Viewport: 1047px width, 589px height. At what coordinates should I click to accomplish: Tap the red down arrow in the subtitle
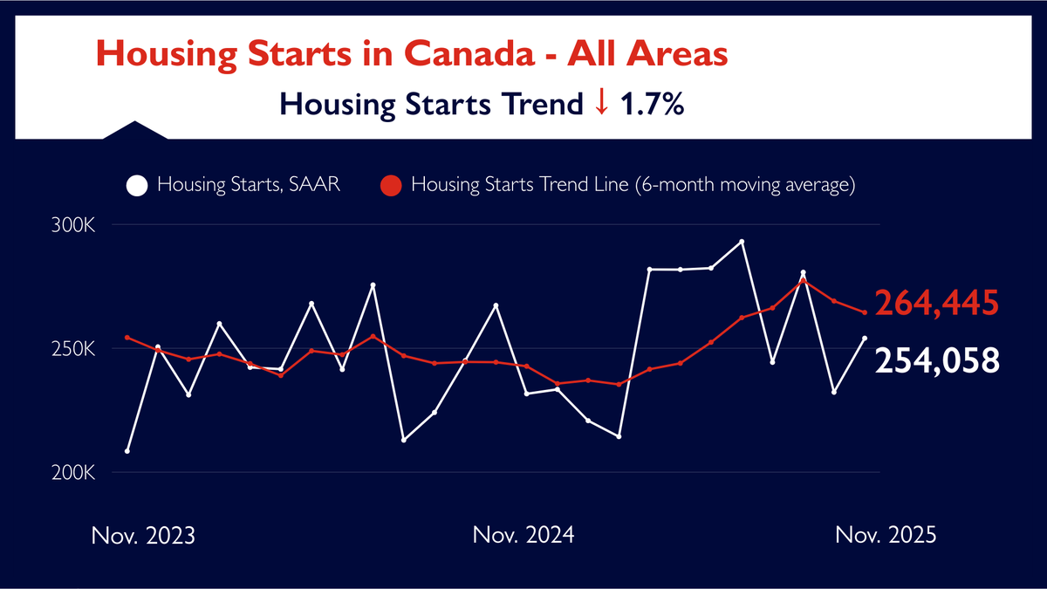600,104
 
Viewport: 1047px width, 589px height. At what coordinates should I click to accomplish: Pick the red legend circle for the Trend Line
392,186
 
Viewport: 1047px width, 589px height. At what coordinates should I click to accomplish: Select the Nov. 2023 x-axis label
143,535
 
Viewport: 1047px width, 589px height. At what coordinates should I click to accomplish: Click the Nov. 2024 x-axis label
523,535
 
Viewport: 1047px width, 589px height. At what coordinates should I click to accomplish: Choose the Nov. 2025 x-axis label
885,535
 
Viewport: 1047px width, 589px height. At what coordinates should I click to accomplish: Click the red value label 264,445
936,304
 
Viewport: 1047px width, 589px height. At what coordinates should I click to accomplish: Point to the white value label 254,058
936,359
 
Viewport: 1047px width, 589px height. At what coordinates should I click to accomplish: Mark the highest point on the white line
742,242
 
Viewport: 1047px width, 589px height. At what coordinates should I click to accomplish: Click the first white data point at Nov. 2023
127,451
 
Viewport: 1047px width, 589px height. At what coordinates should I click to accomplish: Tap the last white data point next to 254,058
865,338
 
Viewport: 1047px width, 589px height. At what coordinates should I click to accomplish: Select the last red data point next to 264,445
865,312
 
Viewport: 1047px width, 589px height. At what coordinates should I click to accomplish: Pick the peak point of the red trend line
803,280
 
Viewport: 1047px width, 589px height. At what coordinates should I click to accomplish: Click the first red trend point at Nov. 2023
127,338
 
